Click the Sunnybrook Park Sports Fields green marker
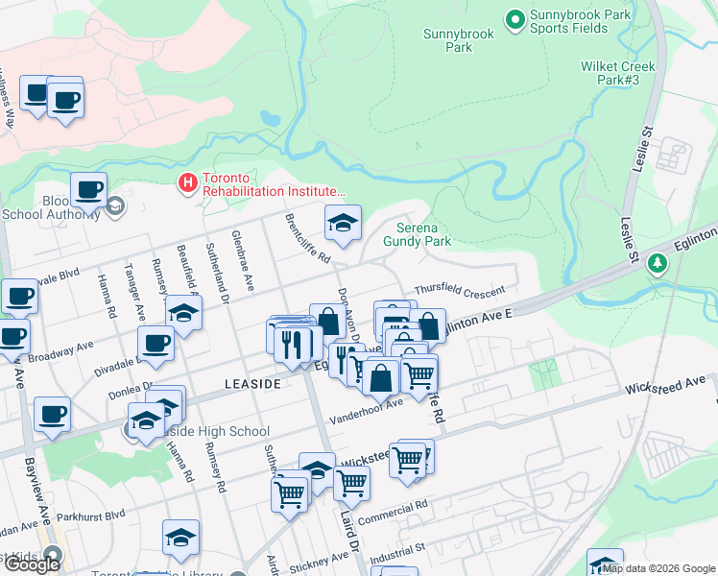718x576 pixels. (515, 18)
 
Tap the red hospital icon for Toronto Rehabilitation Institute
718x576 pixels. (188, 180)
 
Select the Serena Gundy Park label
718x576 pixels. (423, 235)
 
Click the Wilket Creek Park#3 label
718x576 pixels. (618, 73)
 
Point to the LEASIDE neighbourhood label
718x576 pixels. (251, 383)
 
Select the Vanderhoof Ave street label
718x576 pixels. (366, 412)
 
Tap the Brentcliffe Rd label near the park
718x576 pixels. (307, 239)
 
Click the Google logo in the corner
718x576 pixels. (32, 564)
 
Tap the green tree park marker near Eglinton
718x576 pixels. (658, 262)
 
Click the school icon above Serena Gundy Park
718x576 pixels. (343, 224)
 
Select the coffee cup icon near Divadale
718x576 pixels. (155, 343)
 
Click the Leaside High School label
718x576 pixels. (218, 432)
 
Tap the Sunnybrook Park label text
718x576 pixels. (459, 40)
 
